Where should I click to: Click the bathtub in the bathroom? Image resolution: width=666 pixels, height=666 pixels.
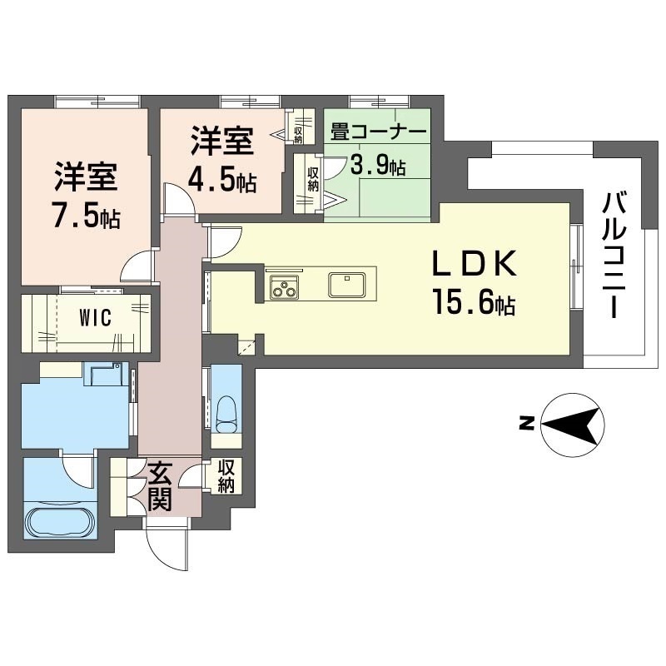click(x=61, y=521)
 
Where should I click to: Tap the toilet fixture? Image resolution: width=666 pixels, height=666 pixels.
click(x=225, y=412)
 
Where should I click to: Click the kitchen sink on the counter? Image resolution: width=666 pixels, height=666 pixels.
click(x=345, y=285)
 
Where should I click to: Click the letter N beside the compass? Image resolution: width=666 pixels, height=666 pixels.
click(x=525, y=423)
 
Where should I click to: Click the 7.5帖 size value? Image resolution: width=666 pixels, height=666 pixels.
click(x=87, y=218)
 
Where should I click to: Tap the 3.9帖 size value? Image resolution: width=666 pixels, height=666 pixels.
click(x=377, y=165)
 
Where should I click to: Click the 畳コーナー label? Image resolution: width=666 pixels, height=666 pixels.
click(x=379, y=132)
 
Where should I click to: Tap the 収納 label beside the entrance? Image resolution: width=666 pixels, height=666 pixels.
click(x=226, y=475)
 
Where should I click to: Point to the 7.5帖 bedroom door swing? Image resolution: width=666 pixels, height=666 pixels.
click(x=136, y=268)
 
